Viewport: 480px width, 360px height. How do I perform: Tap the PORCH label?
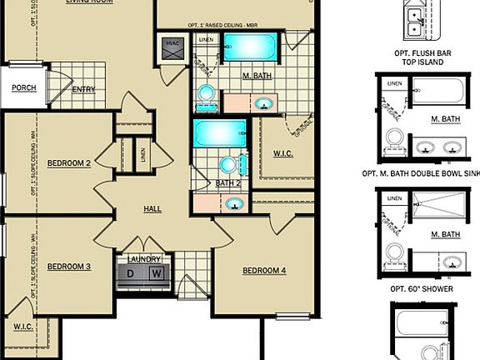[x=23, y=87]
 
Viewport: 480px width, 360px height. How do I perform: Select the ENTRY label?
[x=83, y=90]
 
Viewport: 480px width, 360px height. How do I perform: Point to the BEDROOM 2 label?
[x=69, y=163]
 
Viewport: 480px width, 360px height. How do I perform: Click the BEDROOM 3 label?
[x=69, y=267]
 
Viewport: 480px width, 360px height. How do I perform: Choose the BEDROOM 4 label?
[x=264, y=271]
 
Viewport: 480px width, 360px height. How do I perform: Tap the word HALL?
[x=152, y=208]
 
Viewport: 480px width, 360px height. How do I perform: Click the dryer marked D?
[x=132, y=273]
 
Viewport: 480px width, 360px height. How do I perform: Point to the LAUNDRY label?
[x=143, y=259]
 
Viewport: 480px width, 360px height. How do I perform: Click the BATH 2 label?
[x=227, y=183]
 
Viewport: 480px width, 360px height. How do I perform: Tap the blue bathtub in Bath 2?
[x=220, y=133]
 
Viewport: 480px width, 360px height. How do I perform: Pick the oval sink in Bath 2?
[x=235, y=202]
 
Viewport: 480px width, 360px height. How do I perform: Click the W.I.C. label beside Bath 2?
[x=283, y=153]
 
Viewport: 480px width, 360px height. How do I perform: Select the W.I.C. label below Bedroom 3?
[x=22, y=327]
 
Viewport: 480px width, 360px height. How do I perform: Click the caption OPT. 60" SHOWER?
[x=422, y=288]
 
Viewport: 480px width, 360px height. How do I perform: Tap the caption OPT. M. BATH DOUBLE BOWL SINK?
[x=422, y=174]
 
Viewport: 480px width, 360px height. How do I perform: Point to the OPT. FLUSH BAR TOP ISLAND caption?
[x=422, y=57]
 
